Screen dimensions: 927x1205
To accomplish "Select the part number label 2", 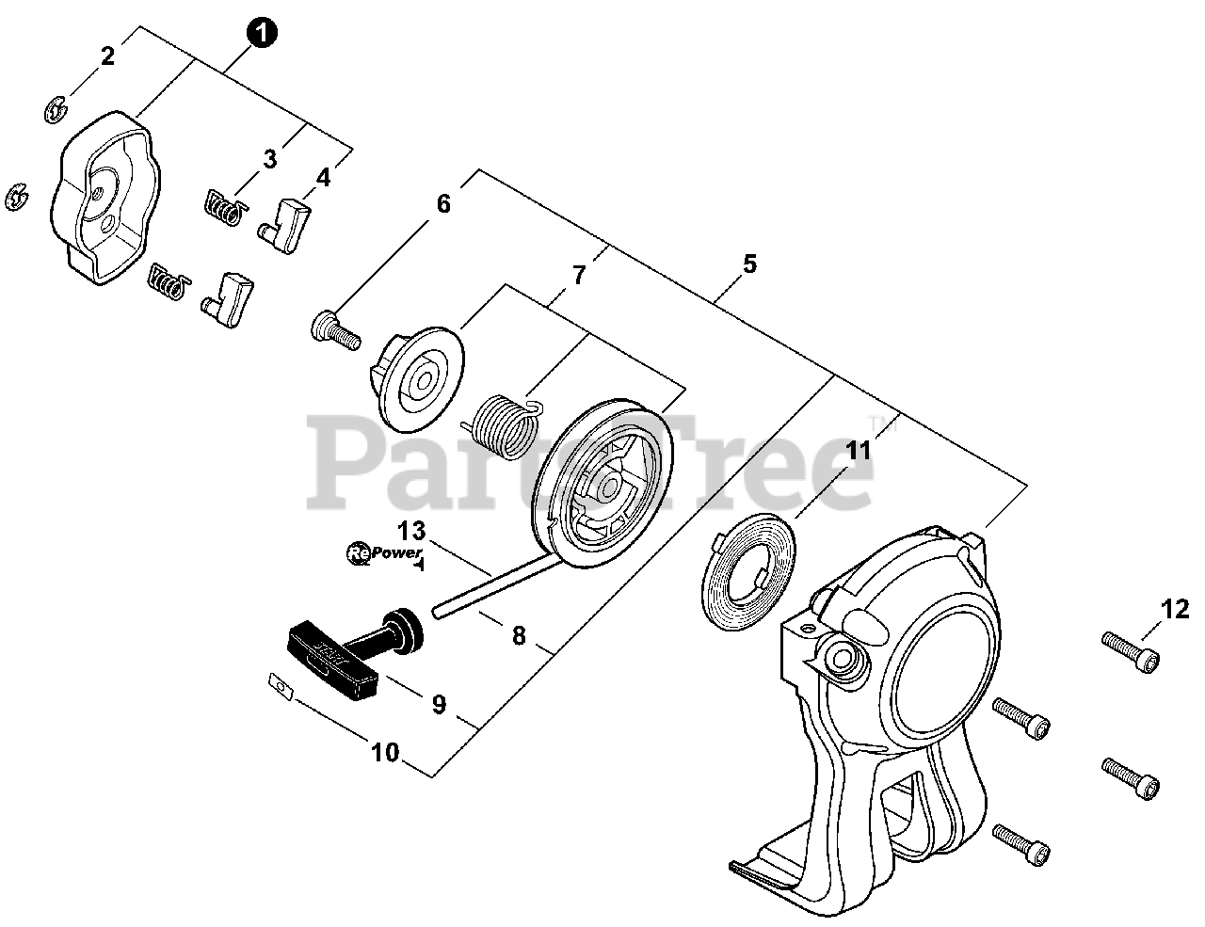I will (107, 56).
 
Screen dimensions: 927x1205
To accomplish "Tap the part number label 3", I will (270, 159).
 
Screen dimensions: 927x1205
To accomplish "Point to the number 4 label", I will (324, 176).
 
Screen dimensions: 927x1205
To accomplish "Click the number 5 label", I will (749, 264).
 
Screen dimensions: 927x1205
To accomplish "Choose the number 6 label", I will (443, 203).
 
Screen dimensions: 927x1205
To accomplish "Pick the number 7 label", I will (579, 276).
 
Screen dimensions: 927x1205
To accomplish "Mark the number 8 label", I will (519, 635).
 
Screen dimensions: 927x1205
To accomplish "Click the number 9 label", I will (439, 704).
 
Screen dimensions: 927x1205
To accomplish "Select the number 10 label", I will (385, 753).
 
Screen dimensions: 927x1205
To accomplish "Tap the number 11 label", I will (858, 452).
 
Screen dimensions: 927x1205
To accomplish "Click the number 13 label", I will (411, 530).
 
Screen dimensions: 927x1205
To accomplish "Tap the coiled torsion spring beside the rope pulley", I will (504, 428).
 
